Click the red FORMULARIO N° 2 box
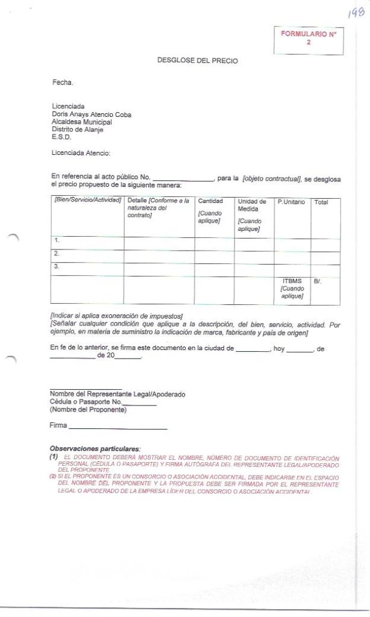308,39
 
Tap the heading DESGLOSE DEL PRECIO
197,61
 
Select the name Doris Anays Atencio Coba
91,114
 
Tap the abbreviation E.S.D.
61,137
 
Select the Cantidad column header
210,201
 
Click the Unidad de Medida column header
252,205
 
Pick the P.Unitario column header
292,201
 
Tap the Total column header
321,202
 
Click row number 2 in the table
57,253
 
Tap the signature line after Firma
118,428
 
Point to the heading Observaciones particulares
95,449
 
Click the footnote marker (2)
53,477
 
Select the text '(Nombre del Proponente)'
88,410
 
